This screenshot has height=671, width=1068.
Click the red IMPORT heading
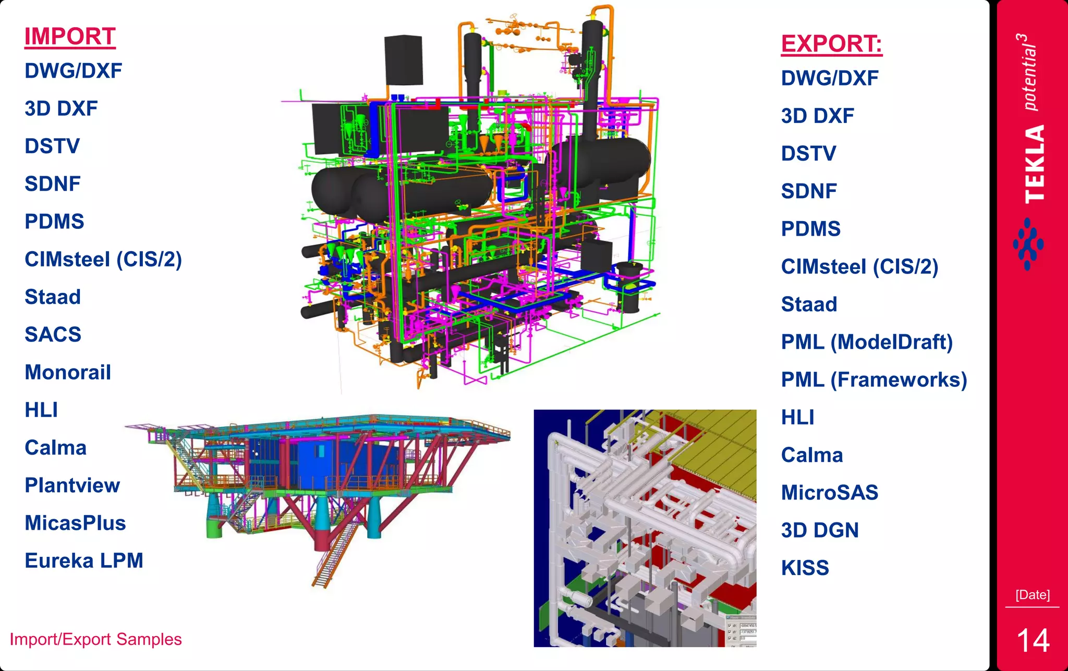point(70,37)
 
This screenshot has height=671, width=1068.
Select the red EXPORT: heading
point(831,44)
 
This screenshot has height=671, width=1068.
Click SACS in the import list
point(53,335)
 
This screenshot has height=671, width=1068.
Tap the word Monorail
point(68,373)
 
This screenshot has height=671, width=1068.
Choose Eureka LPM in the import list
point(84,561)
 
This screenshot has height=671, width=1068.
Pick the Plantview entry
point(72,485)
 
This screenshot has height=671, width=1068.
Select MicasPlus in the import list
point(75,523)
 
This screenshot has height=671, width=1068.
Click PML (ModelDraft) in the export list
point(867,343)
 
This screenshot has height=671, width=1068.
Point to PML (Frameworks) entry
point(874,380)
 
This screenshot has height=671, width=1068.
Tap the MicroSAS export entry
point(830,493)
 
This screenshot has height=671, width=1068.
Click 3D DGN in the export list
point(820,531)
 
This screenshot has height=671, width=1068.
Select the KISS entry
point(805,568)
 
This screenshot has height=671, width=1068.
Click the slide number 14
point(1033,641)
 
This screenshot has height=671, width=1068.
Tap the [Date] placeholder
point(1033,595)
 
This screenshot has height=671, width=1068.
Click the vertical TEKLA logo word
point(1035,164)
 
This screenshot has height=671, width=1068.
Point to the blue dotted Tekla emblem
point(1028,244)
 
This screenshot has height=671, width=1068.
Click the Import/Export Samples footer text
point(96,640)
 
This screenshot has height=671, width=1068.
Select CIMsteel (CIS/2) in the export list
point(859,267)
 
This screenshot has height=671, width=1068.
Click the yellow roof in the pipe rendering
point(725,448)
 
